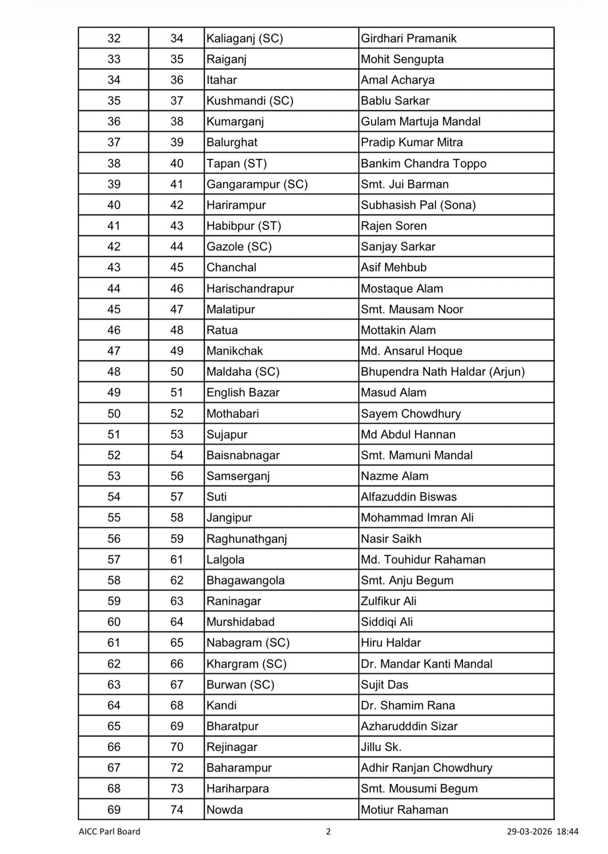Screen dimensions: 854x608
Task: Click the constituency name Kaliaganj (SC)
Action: (x=245, y=38)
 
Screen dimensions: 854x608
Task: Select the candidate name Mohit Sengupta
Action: (x=402, y=59)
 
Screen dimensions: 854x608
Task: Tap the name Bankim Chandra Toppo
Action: (x=423, y=163)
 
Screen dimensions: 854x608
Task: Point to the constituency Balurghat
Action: (x=232, y=143)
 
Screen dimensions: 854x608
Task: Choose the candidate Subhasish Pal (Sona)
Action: (x=418, y=205)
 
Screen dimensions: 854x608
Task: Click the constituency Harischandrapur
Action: (x=250, y=289)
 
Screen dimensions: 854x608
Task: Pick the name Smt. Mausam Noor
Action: (x=412, y=310)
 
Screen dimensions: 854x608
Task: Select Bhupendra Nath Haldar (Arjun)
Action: (x=443, y=372)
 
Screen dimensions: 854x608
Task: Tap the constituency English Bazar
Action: (x=243, y=393)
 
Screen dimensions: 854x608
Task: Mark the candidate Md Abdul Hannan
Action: (x=408, y=434)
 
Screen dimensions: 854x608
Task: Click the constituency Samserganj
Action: (x=238, y=476)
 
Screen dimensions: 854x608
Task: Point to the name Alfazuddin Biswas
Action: (x=409, y=497)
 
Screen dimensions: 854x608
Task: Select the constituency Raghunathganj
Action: (x=247, y=539)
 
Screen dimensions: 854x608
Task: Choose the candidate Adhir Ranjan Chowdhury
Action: (x=427, y=768)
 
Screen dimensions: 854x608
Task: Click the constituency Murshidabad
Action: (x=241, y=622)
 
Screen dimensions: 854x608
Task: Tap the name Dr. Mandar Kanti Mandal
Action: (x=427, y=664)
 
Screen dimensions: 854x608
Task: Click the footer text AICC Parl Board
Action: (x=109, y=832)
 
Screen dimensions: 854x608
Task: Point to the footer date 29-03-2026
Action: (x=529, y=832)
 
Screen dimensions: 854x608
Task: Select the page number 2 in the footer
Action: (x=329, y=832)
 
